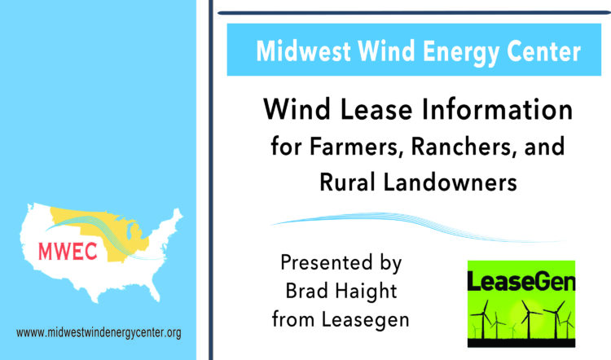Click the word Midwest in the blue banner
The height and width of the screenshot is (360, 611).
click(303, 51)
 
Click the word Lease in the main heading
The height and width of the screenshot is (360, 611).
click(376, 109)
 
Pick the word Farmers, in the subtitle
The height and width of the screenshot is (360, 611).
click(356, 147)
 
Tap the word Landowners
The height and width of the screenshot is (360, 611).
click(450, 182)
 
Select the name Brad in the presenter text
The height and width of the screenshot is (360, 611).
click(305, 291)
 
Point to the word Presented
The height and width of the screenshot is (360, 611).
click(326, 262)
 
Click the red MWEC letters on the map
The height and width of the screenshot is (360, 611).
click(68, 252)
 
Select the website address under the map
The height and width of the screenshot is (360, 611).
click(99, 333)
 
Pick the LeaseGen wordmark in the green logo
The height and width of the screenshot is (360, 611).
click(521, 281)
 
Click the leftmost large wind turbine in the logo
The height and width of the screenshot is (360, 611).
click(483, 319)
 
